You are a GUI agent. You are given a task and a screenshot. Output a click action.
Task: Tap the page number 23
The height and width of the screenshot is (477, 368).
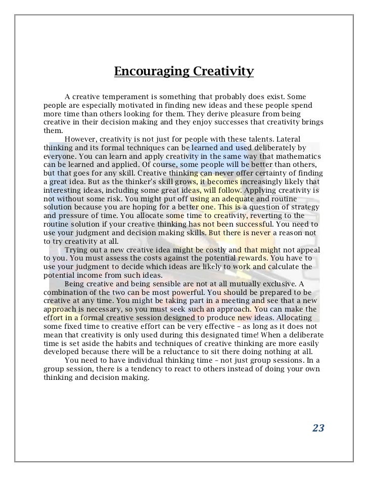318,428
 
